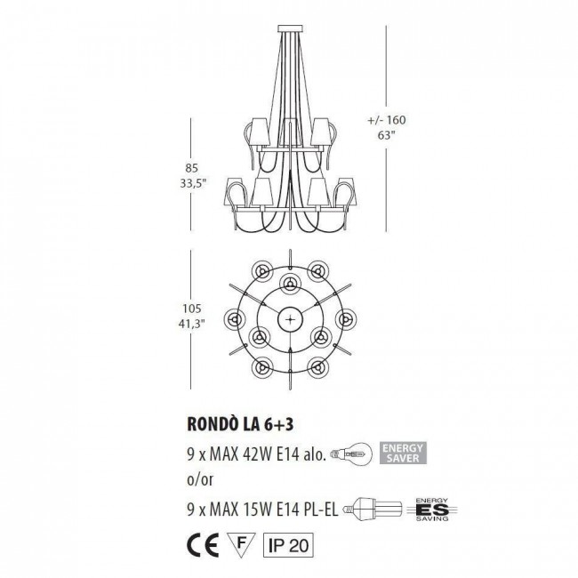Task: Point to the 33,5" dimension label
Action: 191,185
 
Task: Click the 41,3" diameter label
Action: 191,325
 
